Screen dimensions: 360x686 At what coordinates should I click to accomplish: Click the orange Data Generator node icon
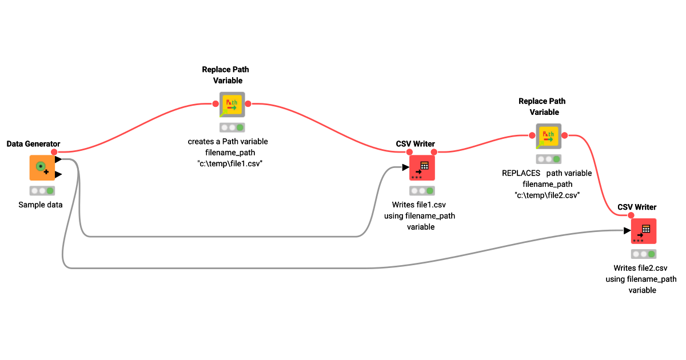click(x=42, y=167)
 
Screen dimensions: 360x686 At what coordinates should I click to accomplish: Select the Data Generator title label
click(x=33, y=143)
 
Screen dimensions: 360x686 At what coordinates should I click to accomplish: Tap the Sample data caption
click(x=40, y=205)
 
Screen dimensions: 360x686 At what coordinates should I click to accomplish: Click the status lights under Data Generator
click(x=42, y=191)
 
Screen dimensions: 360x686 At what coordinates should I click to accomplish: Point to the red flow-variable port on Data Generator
click(x=54, y=152)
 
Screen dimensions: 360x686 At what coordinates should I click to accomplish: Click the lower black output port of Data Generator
click(x=58, y=174)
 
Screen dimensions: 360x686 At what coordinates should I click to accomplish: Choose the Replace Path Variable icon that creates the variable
click(x=232, y=105)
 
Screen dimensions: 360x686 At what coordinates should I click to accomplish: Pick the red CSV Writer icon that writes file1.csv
click(x=422, y=167)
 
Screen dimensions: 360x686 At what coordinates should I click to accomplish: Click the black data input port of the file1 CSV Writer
click(x=405, y=167)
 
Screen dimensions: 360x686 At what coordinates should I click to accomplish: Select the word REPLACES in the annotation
click(x=521, y=173)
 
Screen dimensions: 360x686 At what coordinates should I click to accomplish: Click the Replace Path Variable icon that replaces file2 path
click(x=548, y=136)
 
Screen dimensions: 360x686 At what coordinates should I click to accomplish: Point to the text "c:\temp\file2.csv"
click(x=548, y=195)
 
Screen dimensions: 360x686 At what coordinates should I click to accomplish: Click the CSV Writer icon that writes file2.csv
click(x=644, y=230)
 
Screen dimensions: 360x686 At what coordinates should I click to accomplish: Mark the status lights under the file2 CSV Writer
click(x=644, y=254)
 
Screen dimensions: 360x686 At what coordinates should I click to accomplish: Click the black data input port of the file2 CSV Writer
click(x=627, y=231)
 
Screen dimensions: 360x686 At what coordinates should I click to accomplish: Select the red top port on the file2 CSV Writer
click(x=631, y=215)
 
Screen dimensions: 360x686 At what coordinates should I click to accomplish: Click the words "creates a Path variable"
click(x=228, y=142)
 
